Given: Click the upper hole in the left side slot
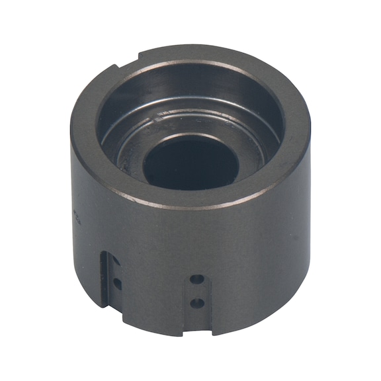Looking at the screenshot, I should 116,263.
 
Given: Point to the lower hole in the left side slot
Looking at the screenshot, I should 117,284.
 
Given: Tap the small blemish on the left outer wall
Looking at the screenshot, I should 75,216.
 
